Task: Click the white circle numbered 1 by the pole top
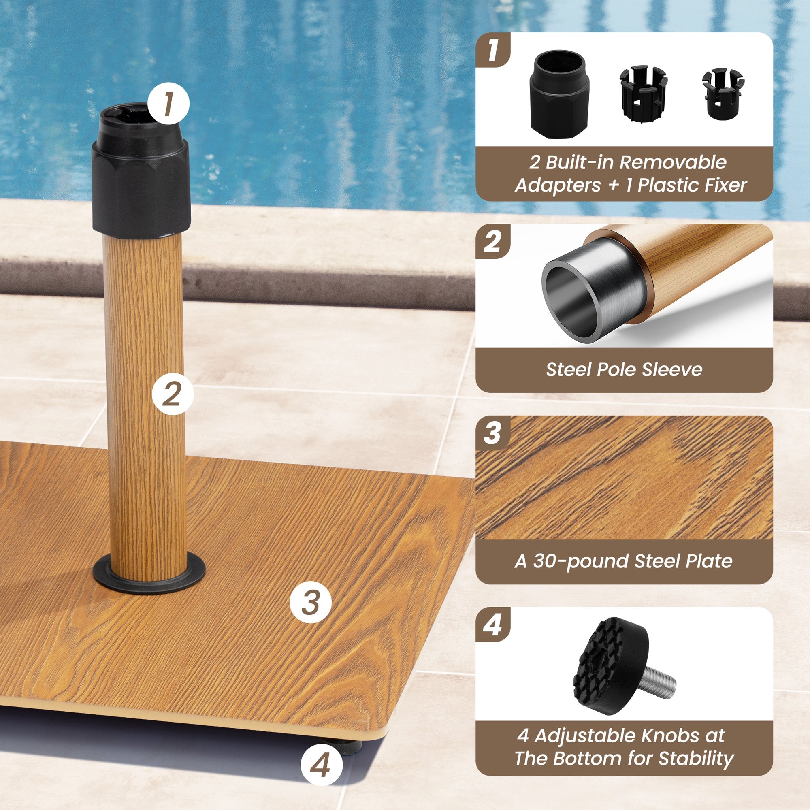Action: (x=168, y=103)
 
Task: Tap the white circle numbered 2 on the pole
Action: (x=173, y=394)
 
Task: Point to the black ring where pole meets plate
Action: (x=149, y=572)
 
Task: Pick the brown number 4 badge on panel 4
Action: (x=492, y=626)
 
